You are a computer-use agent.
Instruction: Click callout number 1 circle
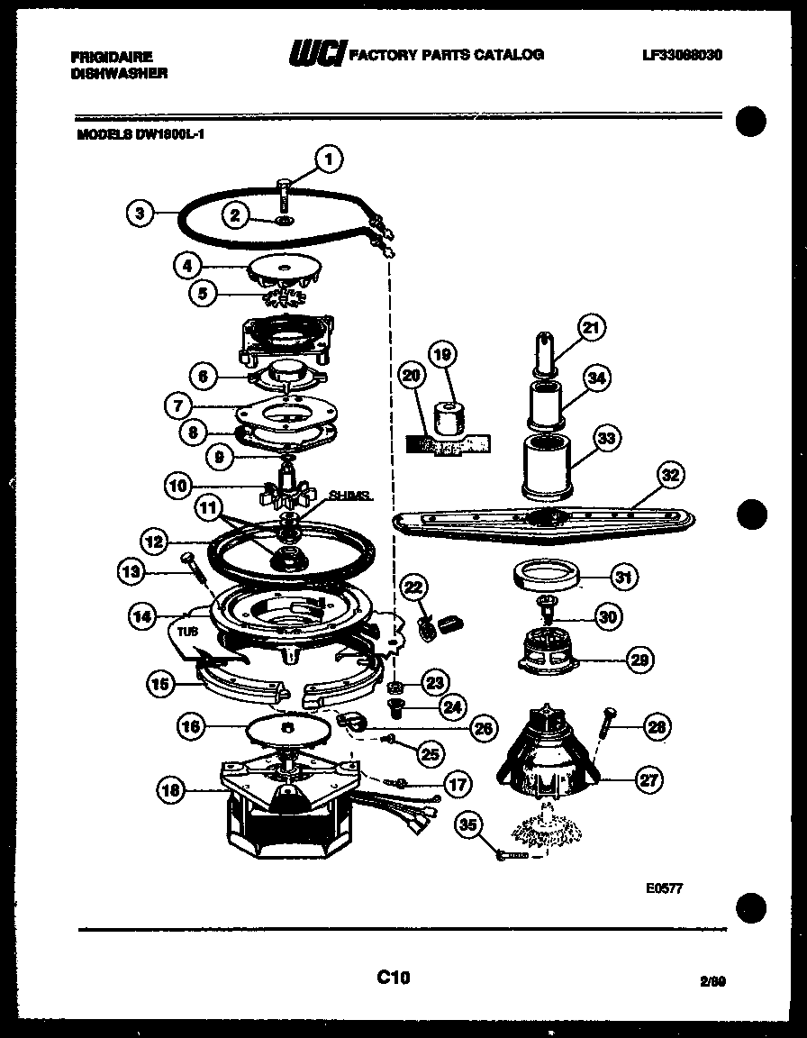(329, 159)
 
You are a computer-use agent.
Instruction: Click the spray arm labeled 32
(540, 521)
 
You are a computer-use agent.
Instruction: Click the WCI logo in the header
(314, 55)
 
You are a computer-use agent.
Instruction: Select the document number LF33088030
(683, 55)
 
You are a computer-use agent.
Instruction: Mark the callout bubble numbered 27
(648, 781)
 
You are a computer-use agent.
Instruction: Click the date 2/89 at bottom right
(712, 983)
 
